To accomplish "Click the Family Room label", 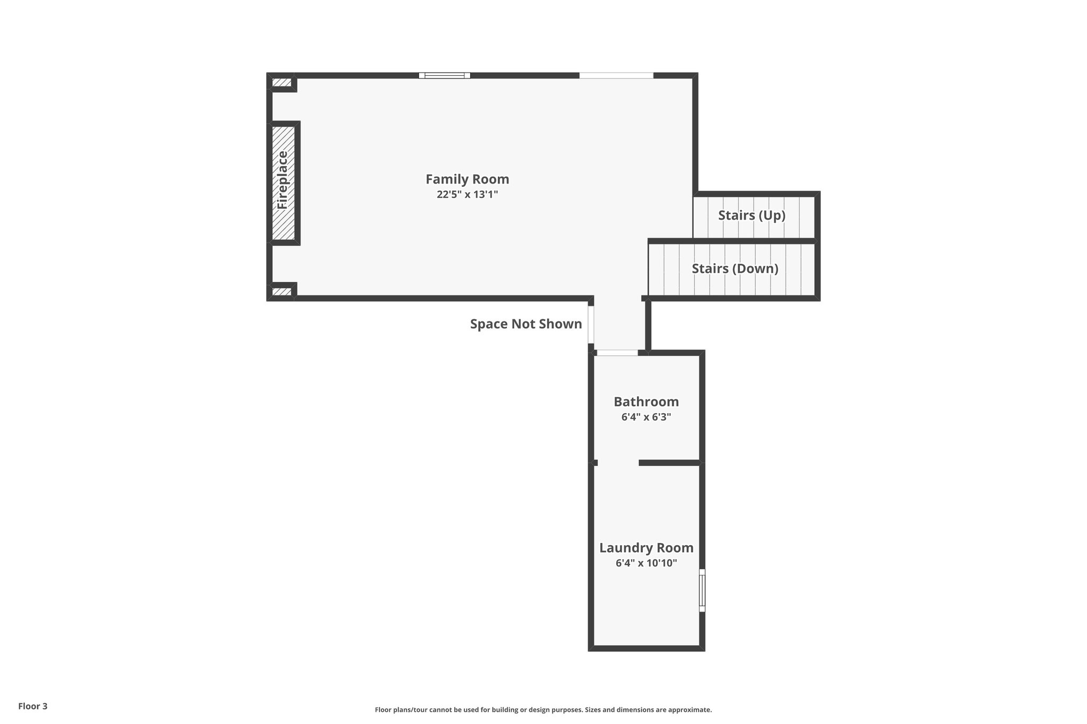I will coord(467,179).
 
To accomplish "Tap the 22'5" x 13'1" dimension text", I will coord(467,195).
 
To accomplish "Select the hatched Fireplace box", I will coord(283,182).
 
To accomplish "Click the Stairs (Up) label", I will coord(752,215).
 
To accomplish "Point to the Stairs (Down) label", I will coord(735,269).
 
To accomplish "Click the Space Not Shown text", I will coord(525,324).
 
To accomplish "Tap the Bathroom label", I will coord(646,402).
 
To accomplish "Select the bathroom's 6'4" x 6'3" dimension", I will coord(646,417).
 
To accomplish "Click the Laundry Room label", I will coord(646,548).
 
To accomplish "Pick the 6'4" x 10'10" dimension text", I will coord(646,563).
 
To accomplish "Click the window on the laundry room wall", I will coord(702,590).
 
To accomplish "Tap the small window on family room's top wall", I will coord(444,75).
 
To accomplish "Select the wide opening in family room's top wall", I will coord(616,75).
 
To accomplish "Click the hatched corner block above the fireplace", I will coord(282,83).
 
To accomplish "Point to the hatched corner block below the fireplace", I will coord(282,292).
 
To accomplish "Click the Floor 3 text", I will coord(33,706).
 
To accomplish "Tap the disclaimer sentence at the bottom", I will coord(543,710).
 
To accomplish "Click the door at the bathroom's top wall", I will coord(617,353).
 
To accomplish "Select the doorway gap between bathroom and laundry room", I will coord(618,463).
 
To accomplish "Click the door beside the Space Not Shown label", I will coord(591,325).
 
